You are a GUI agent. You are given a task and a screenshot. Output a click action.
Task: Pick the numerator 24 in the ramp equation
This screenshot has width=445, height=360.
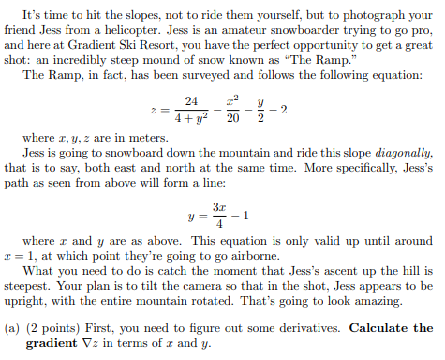191,100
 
